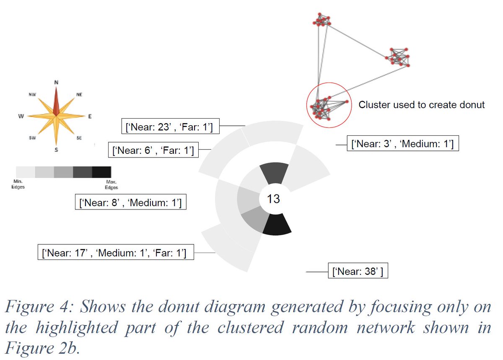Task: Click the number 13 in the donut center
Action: (273, 199)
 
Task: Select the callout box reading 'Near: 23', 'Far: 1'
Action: (169, 125)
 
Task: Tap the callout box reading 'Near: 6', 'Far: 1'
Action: (153, 150)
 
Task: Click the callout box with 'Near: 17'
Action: (115, 253)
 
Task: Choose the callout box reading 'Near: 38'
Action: (357, 271)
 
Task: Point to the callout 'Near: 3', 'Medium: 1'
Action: (402, 144)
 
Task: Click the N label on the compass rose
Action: (56, 82)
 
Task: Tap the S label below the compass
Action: (56, 150)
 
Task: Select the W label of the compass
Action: (20, 116)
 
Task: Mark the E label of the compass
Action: (89, 117)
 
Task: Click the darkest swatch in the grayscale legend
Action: (101, 172)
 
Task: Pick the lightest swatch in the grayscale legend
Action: (26, 172)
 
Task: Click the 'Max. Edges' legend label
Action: (111, 185)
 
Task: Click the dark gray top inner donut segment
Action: (274, 173)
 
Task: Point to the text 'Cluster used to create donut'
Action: (421, 105)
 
